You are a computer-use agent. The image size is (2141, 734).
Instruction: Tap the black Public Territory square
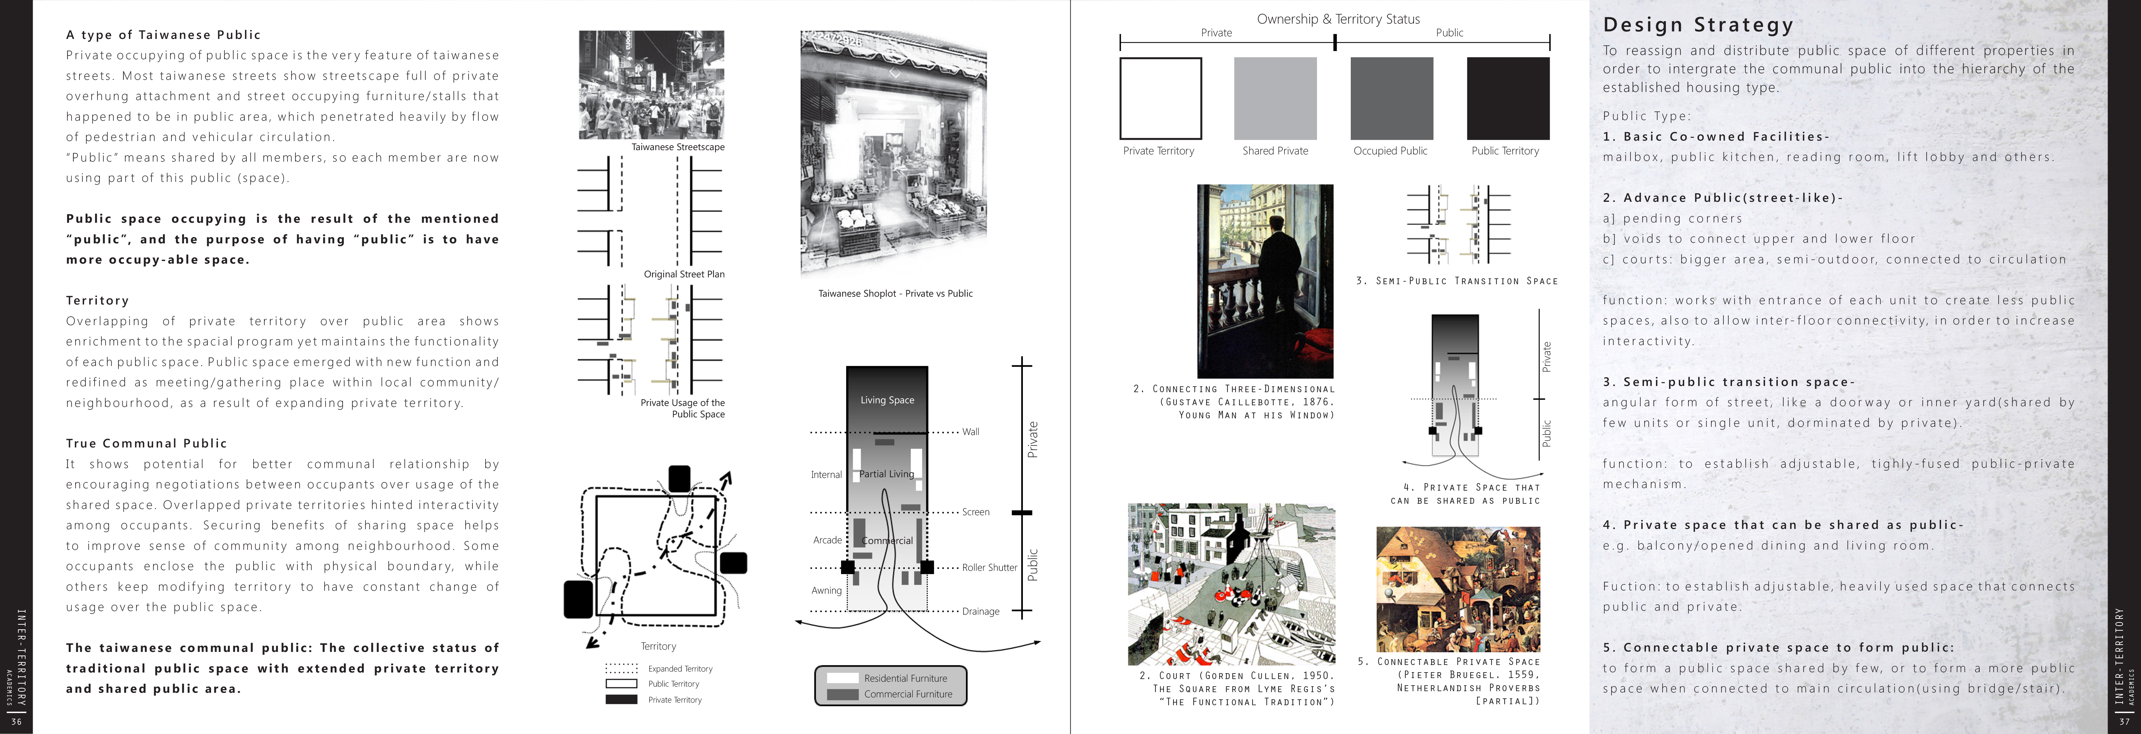tap(1508, 98)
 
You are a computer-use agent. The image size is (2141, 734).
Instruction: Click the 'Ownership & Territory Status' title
tap(1338, 19)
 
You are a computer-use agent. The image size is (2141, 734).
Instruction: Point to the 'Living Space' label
tap(887, 400)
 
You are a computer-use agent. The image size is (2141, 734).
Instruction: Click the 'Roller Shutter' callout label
tap(989, 568)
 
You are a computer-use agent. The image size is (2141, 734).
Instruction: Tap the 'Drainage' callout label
tap(981, 612)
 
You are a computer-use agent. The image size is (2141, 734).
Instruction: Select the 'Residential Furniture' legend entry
tap(905, 678)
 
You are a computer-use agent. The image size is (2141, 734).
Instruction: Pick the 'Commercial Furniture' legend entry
tap(908, 694)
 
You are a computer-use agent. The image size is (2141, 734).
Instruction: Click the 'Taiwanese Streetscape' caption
tap(677, 147)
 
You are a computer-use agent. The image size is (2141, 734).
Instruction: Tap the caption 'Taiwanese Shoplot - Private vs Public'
tap(895, 293)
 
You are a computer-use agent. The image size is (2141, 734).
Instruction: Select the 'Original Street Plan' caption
tap(684, 274)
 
